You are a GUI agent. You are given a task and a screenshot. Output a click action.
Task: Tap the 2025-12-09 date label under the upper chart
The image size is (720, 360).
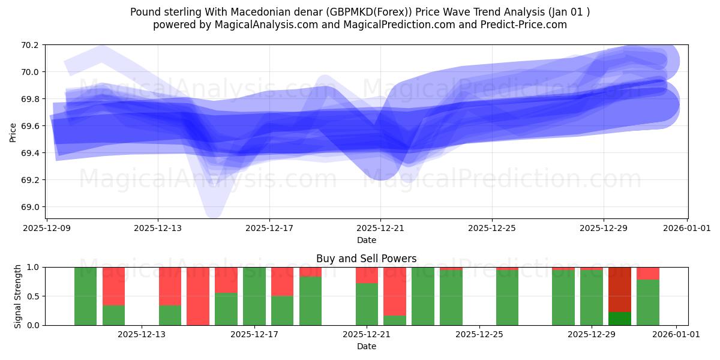(x=47, y=228)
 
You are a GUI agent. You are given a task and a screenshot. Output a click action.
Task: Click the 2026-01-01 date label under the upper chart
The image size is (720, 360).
(x=688, y=228)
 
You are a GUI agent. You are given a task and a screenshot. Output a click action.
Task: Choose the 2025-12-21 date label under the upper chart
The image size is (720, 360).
(x=380, y=228)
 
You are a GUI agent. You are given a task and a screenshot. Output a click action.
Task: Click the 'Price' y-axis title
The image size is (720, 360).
(x=13, y=132)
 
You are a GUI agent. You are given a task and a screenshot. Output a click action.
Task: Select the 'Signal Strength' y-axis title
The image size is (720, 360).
(x=18, y=296)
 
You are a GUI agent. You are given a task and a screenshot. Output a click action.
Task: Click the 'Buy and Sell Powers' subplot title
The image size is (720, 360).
(x=366, y=259)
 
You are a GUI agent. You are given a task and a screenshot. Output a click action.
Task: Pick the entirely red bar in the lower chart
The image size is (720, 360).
(x=198, y=296)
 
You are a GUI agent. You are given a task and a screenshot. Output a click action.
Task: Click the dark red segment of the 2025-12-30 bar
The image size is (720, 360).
(x=620, y=289)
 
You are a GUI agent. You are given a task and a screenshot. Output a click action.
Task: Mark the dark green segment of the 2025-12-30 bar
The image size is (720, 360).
(x=620, y=319)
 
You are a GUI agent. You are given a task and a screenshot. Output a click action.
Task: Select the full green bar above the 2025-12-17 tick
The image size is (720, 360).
(x=254, y=296)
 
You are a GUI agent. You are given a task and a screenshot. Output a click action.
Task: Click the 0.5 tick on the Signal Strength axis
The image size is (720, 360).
(x=34, y=296)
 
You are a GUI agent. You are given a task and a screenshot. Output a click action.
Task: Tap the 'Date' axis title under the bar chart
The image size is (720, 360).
(x=366, y=346)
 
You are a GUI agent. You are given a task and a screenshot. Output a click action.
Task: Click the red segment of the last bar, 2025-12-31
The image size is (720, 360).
(x=648, y=274)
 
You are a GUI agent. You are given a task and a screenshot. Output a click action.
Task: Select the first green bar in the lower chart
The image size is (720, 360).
(x=85, y=296)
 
